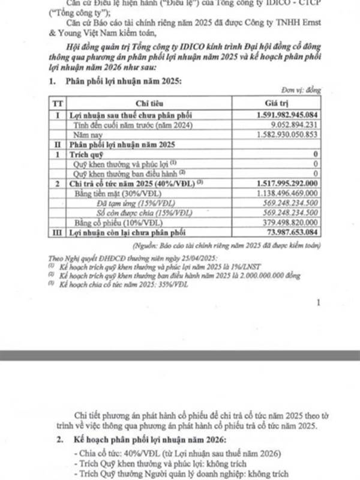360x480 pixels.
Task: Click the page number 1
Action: tap(319, 304)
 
